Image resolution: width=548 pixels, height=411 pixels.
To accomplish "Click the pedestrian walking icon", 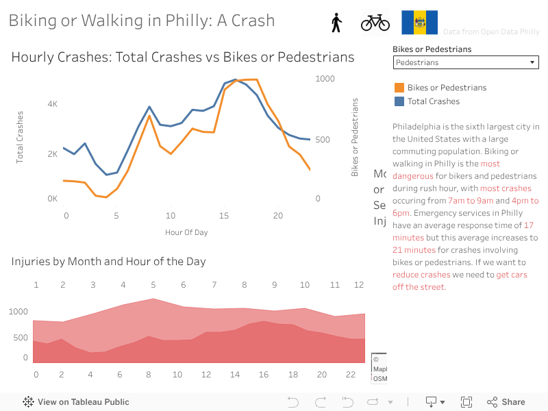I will [x=336, y=23].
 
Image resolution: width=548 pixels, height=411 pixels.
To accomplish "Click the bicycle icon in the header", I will [x=375, y=23].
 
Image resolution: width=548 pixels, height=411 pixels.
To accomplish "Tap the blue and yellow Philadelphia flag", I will [x=419, y=23].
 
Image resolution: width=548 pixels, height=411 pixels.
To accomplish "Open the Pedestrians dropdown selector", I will [x=466, y=62].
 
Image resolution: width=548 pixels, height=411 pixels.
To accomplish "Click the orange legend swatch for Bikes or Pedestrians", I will [x=399, y=88].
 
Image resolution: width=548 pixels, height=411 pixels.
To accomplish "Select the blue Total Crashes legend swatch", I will [x=399, y=101].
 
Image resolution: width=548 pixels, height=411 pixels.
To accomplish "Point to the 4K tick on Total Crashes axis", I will [x=52, y=104].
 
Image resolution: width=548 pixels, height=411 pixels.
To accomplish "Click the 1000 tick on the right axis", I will [x=325, y=79].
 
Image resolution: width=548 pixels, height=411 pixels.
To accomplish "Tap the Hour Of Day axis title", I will [x=186, y=232].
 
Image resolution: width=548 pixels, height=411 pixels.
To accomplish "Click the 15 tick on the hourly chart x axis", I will [x=223, y=216].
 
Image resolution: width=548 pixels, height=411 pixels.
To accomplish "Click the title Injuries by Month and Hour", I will [x=108, y=261].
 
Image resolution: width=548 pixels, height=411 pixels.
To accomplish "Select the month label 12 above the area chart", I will [x=358, y=285].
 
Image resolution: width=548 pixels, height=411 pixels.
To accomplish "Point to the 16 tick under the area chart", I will [x=264, y=374].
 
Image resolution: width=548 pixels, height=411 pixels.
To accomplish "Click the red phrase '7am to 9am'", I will [x=470, y=201].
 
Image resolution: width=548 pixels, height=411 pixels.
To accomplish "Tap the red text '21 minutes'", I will [x=414, y=250].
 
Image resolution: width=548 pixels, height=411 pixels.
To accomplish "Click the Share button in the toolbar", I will [x=506, y=402].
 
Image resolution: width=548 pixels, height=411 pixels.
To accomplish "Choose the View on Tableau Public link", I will [x=76, y=402].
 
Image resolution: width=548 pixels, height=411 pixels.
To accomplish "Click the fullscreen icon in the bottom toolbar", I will [x=466, y=402].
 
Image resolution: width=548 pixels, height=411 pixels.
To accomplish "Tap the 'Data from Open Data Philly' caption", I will [x=491, y=32].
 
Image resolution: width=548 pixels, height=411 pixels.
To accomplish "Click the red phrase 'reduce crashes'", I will [x=421, y=275].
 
